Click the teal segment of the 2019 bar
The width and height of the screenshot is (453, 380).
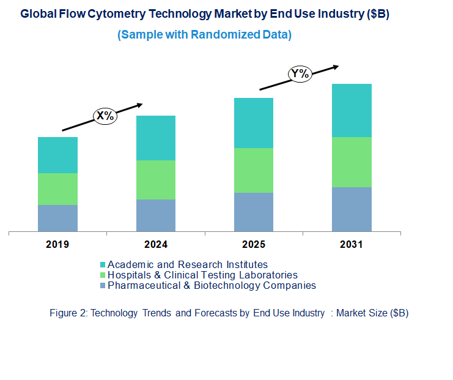click(57, 155)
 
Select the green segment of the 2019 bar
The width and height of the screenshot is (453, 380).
click(57, 189)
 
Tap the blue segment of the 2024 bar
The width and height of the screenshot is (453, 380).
click(155, 215)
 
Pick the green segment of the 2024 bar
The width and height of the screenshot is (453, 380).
click(155, 180)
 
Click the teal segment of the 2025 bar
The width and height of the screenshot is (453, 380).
click(253, 123)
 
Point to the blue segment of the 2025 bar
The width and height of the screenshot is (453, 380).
click(253, 212)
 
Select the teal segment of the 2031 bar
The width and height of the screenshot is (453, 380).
click(352, 110)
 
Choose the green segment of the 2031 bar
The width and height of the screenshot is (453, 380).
click(352, 162)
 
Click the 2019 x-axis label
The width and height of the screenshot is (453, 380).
click(57, 245)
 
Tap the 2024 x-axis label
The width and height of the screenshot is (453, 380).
click(155, 245)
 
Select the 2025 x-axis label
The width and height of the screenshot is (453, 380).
click(253, 245)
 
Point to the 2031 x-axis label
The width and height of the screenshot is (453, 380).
click(352, 245)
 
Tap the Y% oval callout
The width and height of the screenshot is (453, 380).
click(300, 74)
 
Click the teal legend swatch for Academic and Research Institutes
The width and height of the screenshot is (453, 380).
click(103, 265)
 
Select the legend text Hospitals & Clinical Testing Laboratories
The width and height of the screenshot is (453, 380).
click(202, 275)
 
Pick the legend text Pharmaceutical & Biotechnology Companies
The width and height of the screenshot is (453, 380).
click(212, 286)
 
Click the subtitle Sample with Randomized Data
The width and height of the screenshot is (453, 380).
click(204, 35)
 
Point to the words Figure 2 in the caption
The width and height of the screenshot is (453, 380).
click(68, 313)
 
